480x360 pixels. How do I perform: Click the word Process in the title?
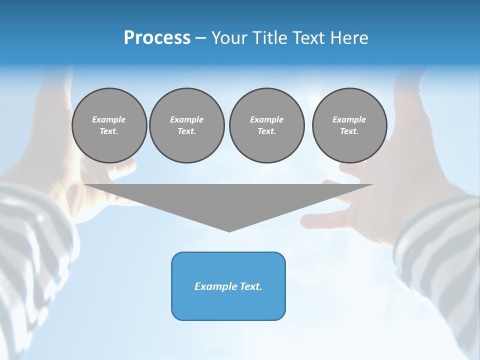tap(157, 38)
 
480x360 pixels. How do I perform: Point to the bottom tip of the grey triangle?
tap(229, 231)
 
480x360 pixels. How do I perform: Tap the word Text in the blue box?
tap(250, 286)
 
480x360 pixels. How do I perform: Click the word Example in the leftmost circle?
tap(109, 119)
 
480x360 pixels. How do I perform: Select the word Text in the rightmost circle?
tap(349, 131)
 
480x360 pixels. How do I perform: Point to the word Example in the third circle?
tap(266, 119)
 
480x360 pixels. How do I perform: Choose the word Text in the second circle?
tap(186, 131)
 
